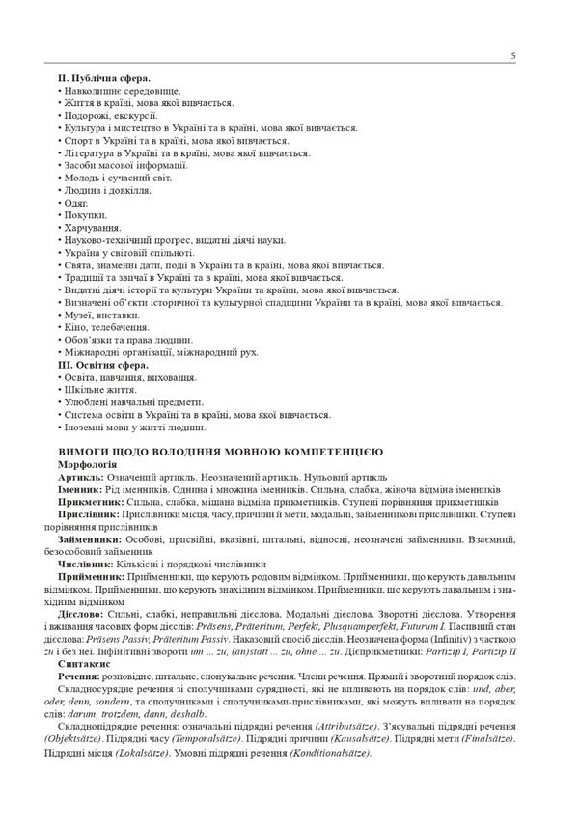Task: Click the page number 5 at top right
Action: [513, 57]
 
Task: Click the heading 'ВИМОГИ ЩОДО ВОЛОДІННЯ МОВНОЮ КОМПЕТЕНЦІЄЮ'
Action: [221, 451]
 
